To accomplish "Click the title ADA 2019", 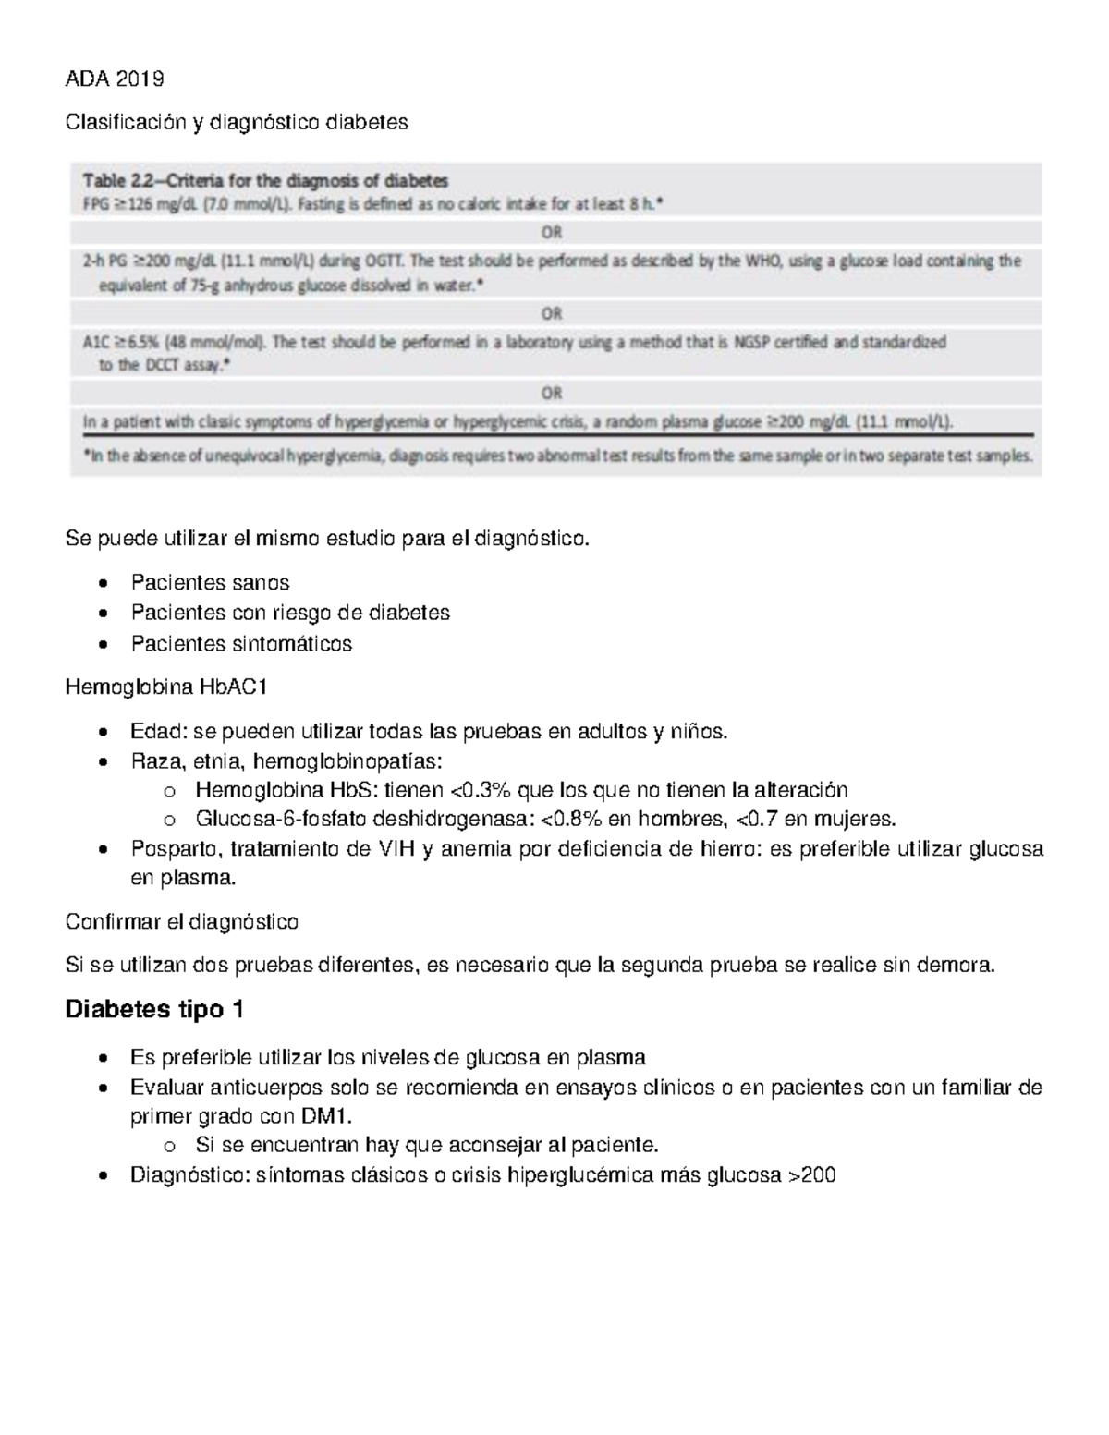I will (114, 79).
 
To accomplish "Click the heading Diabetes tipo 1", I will (154, 1010).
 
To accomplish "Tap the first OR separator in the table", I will (552, 232).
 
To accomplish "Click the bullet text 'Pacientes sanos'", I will (210, 583).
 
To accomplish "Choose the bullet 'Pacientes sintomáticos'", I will (241, 644).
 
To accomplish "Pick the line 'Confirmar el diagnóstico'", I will (181, 922).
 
